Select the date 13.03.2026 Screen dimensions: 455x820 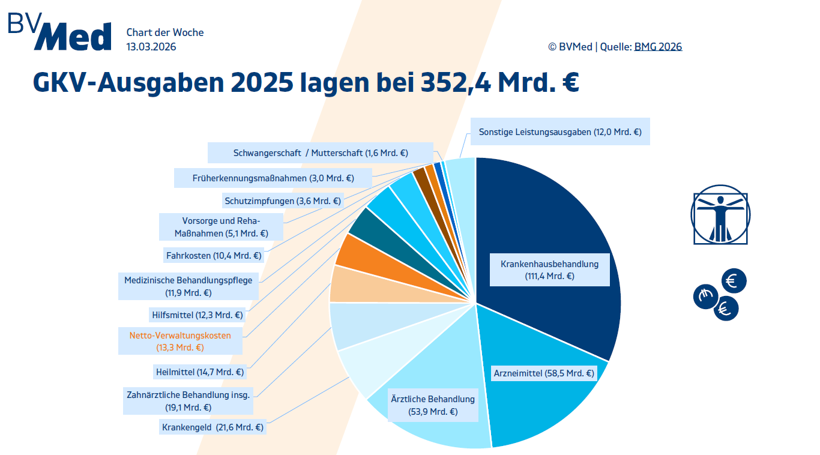pos(151,47)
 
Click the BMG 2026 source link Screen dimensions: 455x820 pos(658,47)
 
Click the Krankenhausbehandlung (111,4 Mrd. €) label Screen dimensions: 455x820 pos(549,270)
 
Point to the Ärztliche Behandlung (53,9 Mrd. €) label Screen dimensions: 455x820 pos(432,405)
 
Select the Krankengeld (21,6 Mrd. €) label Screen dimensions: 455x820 pos(213,427)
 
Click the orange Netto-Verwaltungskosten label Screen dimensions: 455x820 pos(180,341)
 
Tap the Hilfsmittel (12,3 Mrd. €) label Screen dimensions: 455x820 pos(197,315)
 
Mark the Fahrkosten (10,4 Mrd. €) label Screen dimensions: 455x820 pos(214,256)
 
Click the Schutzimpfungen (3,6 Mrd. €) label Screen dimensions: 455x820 pos(283,201)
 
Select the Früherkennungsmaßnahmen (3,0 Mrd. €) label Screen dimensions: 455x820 pos(273,178)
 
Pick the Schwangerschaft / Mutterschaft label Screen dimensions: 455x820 pos(321,153)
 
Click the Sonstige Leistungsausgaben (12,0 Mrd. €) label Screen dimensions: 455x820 pos(560,132)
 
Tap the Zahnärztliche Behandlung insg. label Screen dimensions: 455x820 pos(188,400)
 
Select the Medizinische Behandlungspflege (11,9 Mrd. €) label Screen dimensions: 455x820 pos(188,286)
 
